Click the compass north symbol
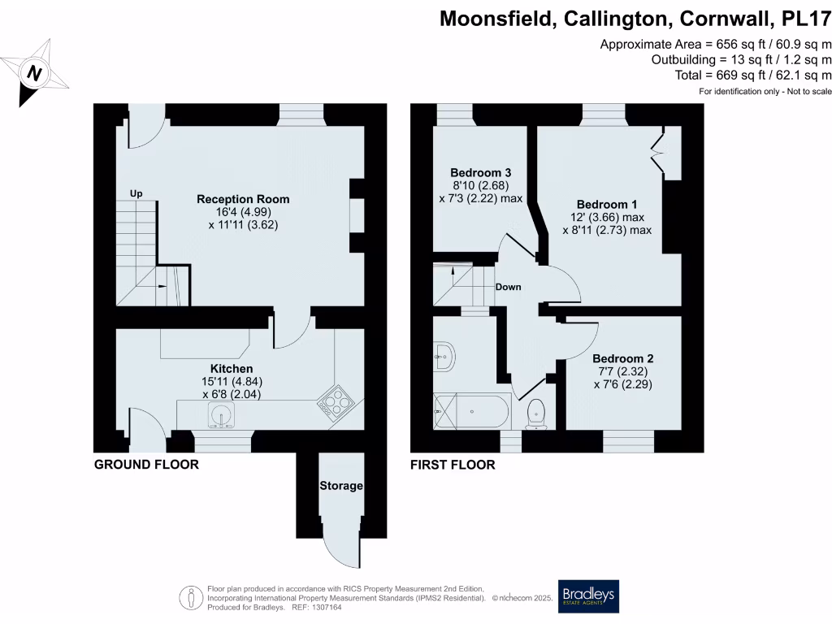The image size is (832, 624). click(34, 74)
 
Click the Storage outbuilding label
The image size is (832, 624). click(340, 486)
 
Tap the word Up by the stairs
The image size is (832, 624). click(136, 194)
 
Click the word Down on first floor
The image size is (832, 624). click(508, 287)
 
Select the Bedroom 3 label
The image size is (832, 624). click(480, 173)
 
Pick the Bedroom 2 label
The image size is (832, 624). click(622, 358)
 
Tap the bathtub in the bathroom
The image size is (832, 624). click(472, 411)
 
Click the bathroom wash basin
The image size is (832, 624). click(444, 355)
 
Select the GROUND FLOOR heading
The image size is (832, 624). click(146, 465)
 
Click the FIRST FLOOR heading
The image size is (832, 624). click(453, 465)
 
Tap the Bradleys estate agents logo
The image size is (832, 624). click(588, 596)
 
